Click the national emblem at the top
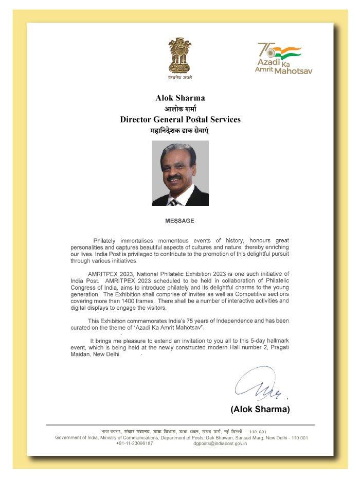click(x=179, y=57)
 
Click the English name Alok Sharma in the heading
click(x=180, y=98)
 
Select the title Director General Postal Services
click(x=180, y=119)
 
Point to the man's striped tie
click(x=174, y=202)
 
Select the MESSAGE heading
click(x=179, y=221)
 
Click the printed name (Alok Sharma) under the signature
click(x=260, y=410)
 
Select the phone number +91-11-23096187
click(x=134, y=444)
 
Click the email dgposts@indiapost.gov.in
click(x=220, y=444)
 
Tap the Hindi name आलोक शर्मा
click(x=180, y=109)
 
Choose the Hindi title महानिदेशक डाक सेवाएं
click(x=180, y=131)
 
